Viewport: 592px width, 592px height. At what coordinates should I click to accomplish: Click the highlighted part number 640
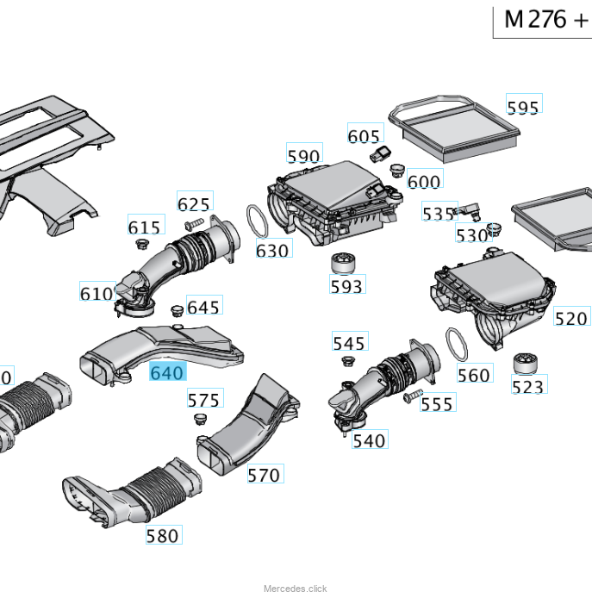167,372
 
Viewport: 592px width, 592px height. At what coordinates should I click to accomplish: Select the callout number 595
523,106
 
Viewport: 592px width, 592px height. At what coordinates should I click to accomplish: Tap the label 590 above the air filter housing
303,156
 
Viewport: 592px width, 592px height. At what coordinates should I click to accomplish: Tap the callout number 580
162,535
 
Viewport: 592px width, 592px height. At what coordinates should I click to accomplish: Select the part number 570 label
264,474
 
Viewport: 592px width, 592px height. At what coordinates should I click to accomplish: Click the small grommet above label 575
196,419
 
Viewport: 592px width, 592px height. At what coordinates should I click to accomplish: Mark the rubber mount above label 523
525,364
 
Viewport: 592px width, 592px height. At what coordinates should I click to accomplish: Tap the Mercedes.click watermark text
295,589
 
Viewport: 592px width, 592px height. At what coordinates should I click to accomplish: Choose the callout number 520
570,318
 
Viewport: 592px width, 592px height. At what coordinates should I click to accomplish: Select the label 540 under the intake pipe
370,440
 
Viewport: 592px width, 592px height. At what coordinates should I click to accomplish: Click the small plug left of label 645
174,308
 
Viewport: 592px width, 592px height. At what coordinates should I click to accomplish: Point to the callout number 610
97,293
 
